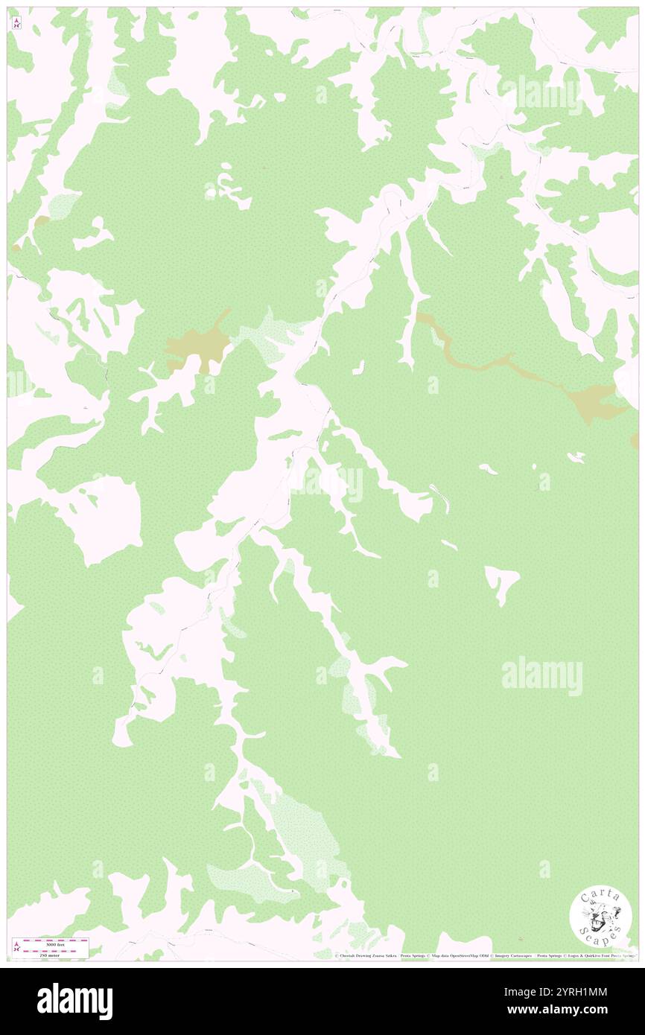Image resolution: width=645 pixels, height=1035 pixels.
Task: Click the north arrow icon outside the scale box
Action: [16, 24]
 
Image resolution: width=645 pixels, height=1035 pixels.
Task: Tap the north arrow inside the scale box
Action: [16, 947]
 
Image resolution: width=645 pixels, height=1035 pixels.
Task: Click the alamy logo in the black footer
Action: [74, 1001]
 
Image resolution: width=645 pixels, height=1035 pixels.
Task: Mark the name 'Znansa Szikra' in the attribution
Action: [392, 956]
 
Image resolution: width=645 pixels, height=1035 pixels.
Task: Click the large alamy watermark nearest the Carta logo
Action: [542, 676]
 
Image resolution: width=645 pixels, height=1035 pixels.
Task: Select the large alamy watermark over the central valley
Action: [326, 484]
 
